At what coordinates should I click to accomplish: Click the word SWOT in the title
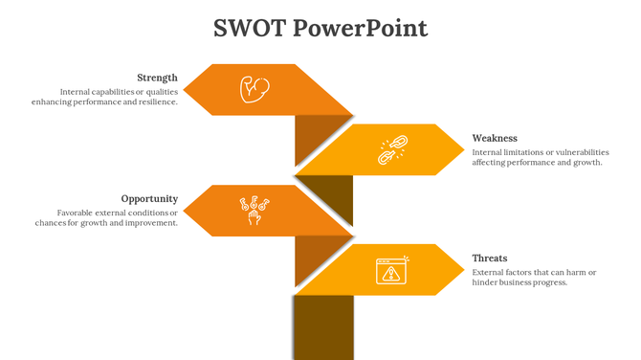(x=249, y=28)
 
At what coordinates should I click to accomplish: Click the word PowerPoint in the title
(x=360, y=29)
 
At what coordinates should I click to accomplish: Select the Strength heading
(x=157, y=78)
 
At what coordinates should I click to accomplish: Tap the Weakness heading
(x=495, y=138)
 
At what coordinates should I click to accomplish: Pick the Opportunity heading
(x=149, y=199)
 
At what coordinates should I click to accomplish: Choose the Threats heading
(x=490, y=259)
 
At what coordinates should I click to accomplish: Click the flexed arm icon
(x=254, y=89)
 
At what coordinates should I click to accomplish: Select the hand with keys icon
(x=254, y=210)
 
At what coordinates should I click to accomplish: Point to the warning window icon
(x=391, y=270)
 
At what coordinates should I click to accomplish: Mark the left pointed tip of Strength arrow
(x=184, y=90)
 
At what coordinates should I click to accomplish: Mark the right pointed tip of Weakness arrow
(x=464, y=149)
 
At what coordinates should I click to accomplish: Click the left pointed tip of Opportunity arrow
(x=184, y=211)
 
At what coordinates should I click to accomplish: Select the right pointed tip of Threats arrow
(x=464, y=270)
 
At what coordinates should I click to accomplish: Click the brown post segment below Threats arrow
(x=322, y=327)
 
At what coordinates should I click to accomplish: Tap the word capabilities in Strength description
(x=117, y=92)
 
